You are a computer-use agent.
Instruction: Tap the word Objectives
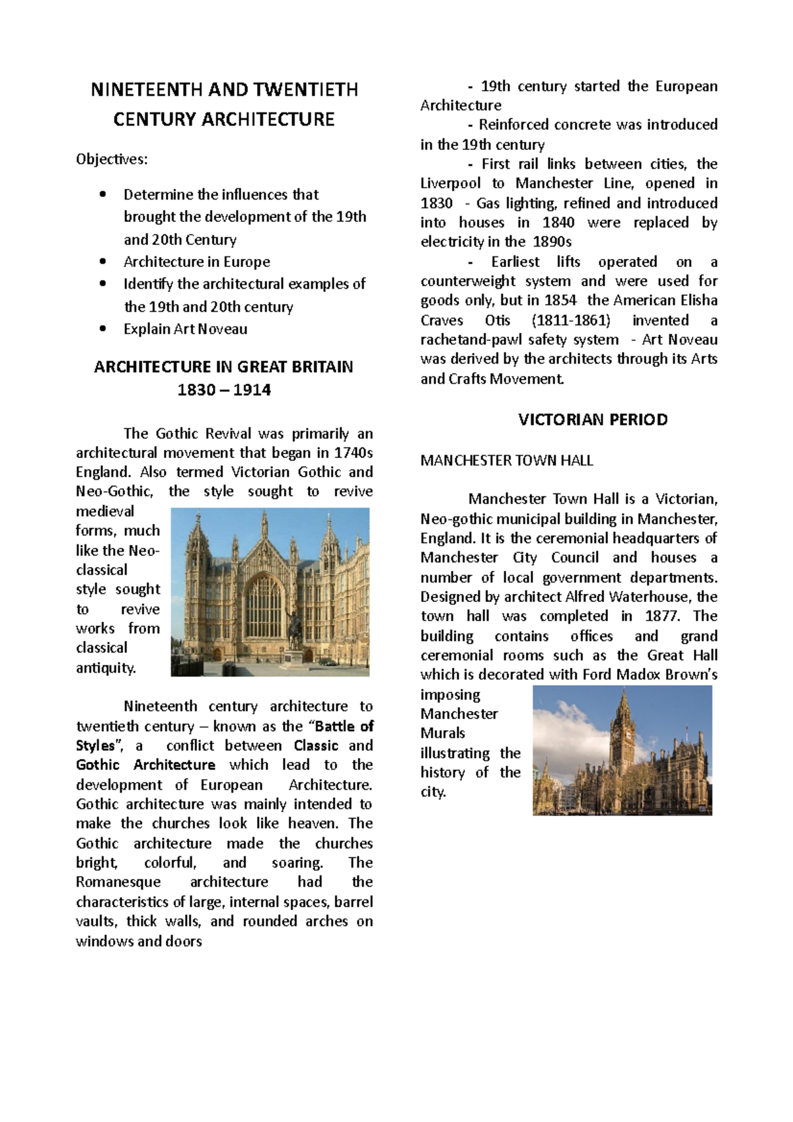(x=112, y=159)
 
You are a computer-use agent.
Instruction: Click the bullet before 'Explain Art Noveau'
(x=102, y=328)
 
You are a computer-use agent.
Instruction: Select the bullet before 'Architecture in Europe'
(x=102, y=261)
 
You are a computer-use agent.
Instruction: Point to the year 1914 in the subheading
(x=252, y=390)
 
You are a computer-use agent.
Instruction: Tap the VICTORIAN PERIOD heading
(x=593, y=420)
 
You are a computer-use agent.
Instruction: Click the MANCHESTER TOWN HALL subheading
(x=506, y=461)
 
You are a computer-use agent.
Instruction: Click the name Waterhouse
(x=650, y=597)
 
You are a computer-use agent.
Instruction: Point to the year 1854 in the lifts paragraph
(x=560, y=301)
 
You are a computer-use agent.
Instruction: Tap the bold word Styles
(x=95, y=746)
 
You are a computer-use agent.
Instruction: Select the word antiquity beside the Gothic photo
(x=106, y=668)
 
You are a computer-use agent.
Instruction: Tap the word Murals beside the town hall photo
(x=443, y=733)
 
